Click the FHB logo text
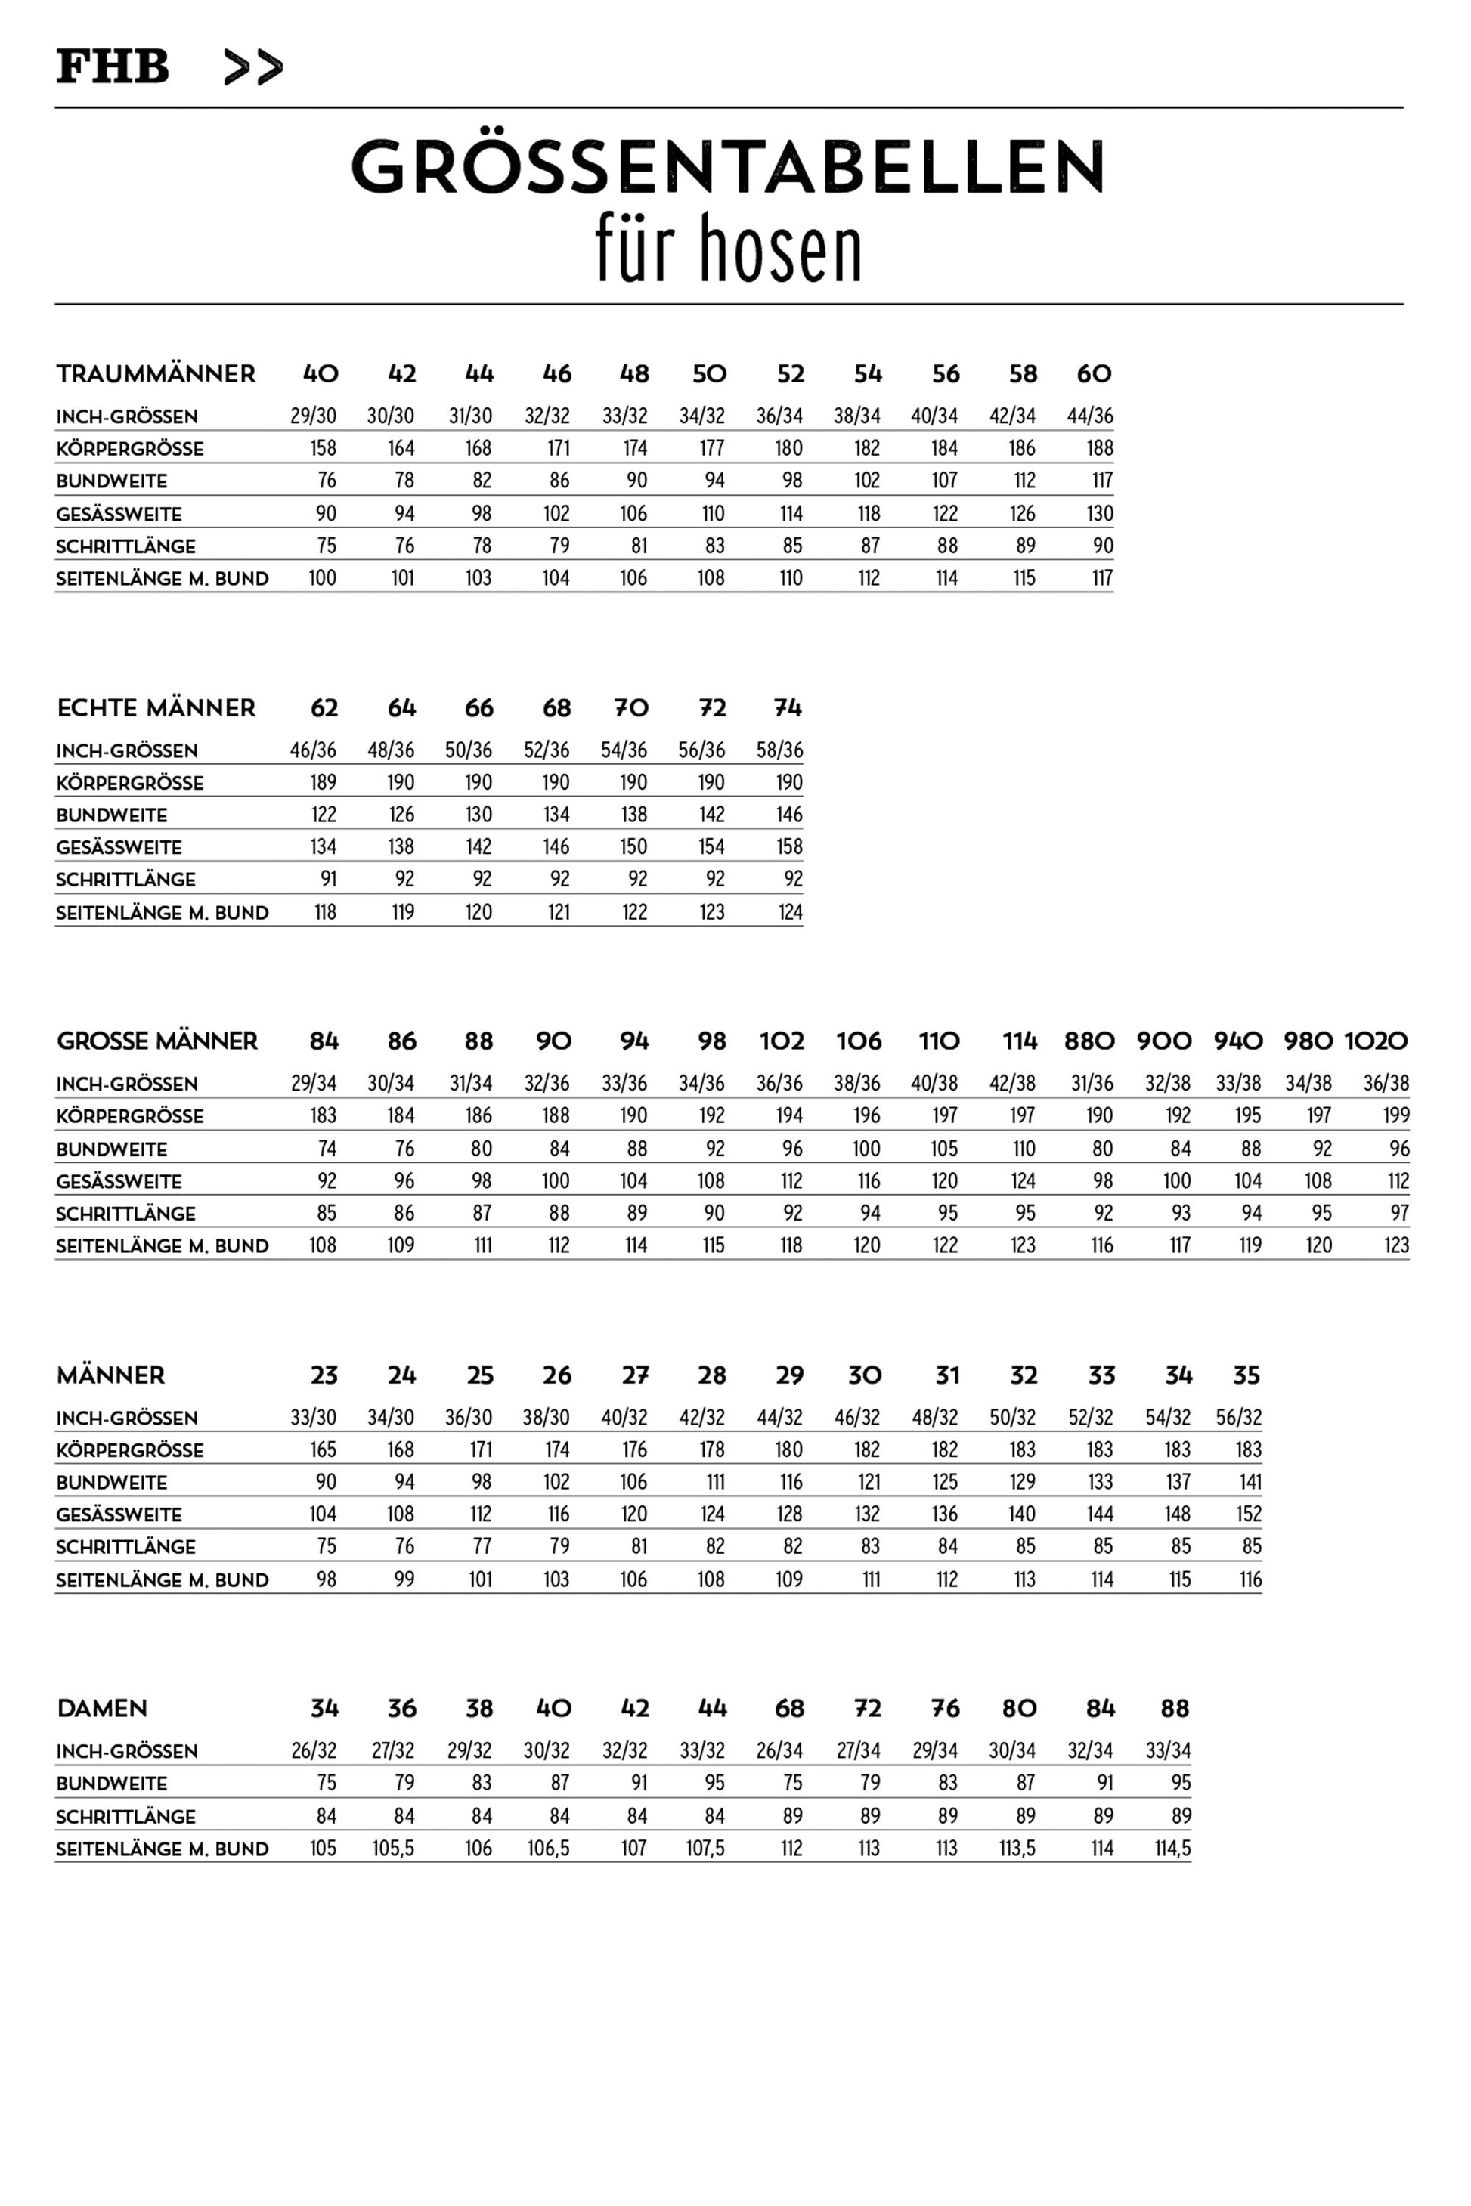click(113, 67)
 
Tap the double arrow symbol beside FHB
click(253, 67)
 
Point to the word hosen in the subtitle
click(781, 249)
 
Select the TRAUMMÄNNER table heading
click(156, 374)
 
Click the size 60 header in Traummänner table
click(1094, 374)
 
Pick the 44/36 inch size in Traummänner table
click(1090, 416)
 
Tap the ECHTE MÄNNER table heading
click(156, 708)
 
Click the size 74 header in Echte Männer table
click(788, 708)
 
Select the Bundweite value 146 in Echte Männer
click(789, 814)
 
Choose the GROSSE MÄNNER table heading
click(156, 1041)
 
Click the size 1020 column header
click(1377, 1041)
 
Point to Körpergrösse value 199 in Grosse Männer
click(1396, 1115)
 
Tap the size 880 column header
click(1089, 1041)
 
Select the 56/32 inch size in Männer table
click(1238, 1417)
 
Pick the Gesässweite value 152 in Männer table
click(1248, 1514)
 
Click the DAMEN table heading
click(102, 1708)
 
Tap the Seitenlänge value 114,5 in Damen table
click(1172, 1848)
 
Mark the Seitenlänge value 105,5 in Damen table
click(393, 1848)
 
